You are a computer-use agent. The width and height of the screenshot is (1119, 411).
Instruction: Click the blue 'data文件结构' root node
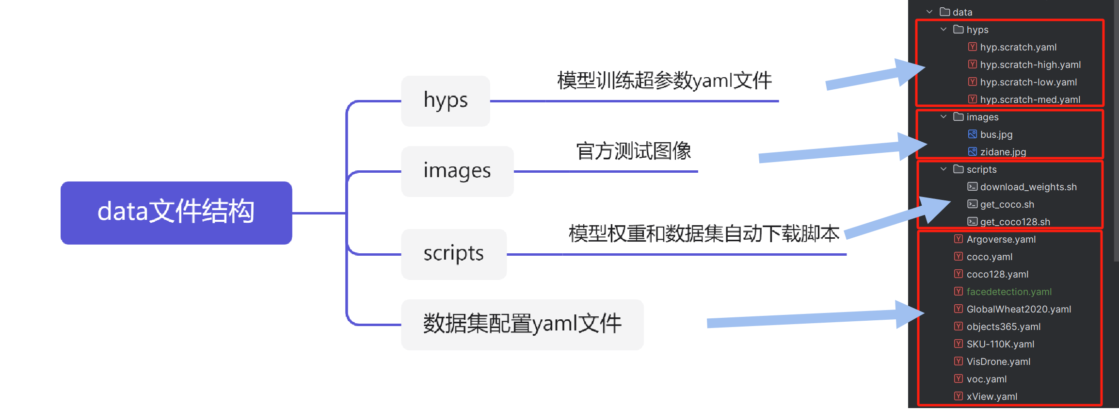pos(176,213)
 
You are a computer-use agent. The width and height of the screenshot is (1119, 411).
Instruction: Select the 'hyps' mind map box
pos(445,101)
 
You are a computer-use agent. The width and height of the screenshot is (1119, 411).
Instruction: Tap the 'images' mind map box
pos(457,171)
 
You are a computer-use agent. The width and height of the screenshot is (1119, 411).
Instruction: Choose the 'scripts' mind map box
pos(453,254)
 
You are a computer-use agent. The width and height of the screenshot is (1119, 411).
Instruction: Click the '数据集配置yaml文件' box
pos(522,324)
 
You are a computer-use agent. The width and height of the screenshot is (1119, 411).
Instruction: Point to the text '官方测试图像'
pos(633,151)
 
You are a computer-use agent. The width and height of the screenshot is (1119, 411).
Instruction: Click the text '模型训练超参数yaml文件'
pos(664,81)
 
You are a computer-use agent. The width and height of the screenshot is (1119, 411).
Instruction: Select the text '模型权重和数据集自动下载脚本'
pos(703,233)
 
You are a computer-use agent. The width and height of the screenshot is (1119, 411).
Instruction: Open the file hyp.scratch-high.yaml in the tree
pos(1030,65)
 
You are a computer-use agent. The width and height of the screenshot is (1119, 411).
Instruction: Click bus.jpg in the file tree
pos(996,134)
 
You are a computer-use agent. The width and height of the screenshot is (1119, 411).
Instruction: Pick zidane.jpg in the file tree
pos(1003,152)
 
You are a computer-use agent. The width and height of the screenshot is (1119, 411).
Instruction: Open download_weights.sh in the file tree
pos(1028,187)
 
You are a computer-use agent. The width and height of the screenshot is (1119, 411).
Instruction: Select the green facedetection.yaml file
pos(1008,292)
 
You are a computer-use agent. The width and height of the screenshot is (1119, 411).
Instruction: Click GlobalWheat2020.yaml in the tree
pos(1018,309)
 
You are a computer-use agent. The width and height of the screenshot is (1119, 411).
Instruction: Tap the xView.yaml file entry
pos(991,396)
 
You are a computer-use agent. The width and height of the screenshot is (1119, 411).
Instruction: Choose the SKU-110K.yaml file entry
pos(1000,344)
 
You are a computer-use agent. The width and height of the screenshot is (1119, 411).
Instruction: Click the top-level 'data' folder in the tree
pos(962,12)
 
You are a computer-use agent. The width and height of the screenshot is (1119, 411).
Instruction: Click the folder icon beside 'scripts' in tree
pos(958,169)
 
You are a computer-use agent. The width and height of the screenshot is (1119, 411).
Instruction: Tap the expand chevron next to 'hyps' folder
pos(943,30)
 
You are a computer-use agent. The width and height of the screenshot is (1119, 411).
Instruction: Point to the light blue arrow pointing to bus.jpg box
pos(844,151)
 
